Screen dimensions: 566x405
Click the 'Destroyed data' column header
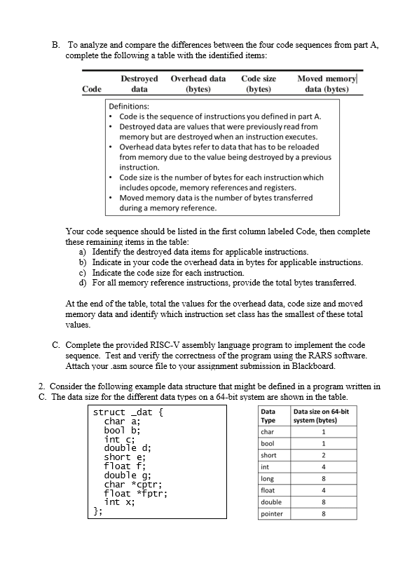(139, 85)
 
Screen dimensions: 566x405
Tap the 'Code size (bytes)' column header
(258, 85)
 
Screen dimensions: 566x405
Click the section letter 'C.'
(57, 345)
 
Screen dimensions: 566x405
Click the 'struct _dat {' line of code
(133, 412)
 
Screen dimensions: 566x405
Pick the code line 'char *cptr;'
(133, 483)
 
